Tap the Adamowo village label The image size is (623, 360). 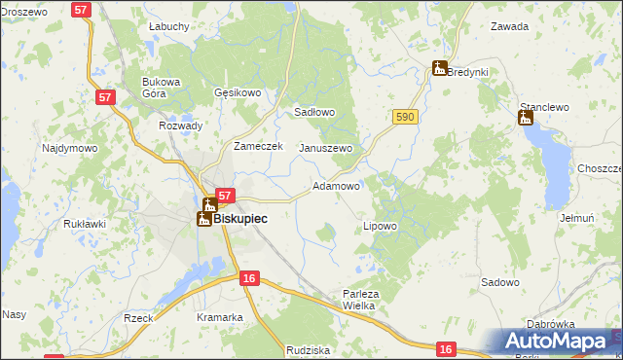tap(337, 185)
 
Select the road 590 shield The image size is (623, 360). tap(406, 117)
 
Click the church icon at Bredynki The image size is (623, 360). tap(440, 68)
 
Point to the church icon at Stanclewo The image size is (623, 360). tap(526, 119)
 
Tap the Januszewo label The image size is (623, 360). tap(325, 148)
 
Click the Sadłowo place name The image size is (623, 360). tap(314, 112)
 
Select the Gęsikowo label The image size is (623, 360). tap(238, 93)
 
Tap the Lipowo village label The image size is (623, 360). tap(380, 226)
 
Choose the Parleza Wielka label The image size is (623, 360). tap(359, 299)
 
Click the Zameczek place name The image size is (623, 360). tap(257, 146)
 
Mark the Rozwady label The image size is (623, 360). tap(180, 126)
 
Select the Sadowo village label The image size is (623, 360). tap(500, 282)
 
